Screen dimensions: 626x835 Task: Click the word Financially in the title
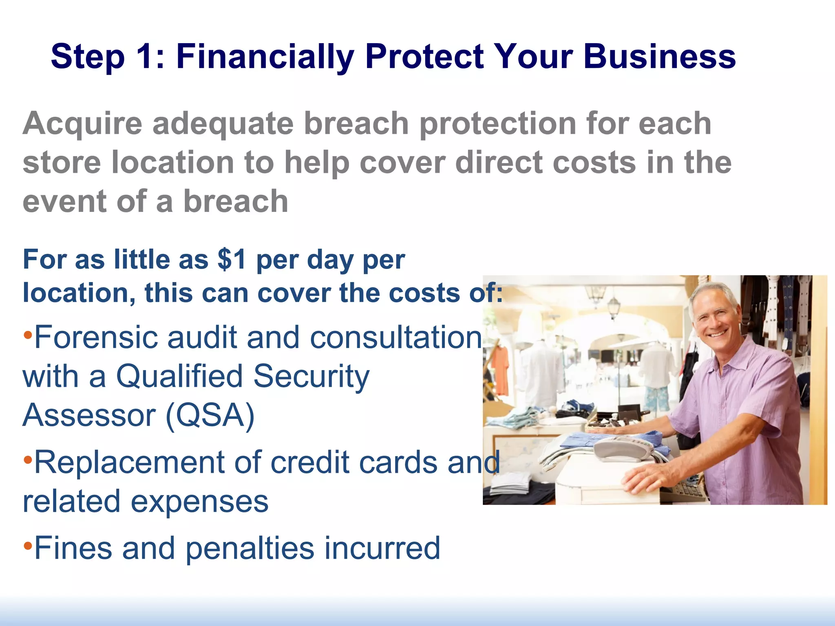click(x=265, y=57)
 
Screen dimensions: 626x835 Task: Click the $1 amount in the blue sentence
click(x=232, y=260)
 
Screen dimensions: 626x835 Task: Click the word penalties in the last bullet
click(x=250, y=549)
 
